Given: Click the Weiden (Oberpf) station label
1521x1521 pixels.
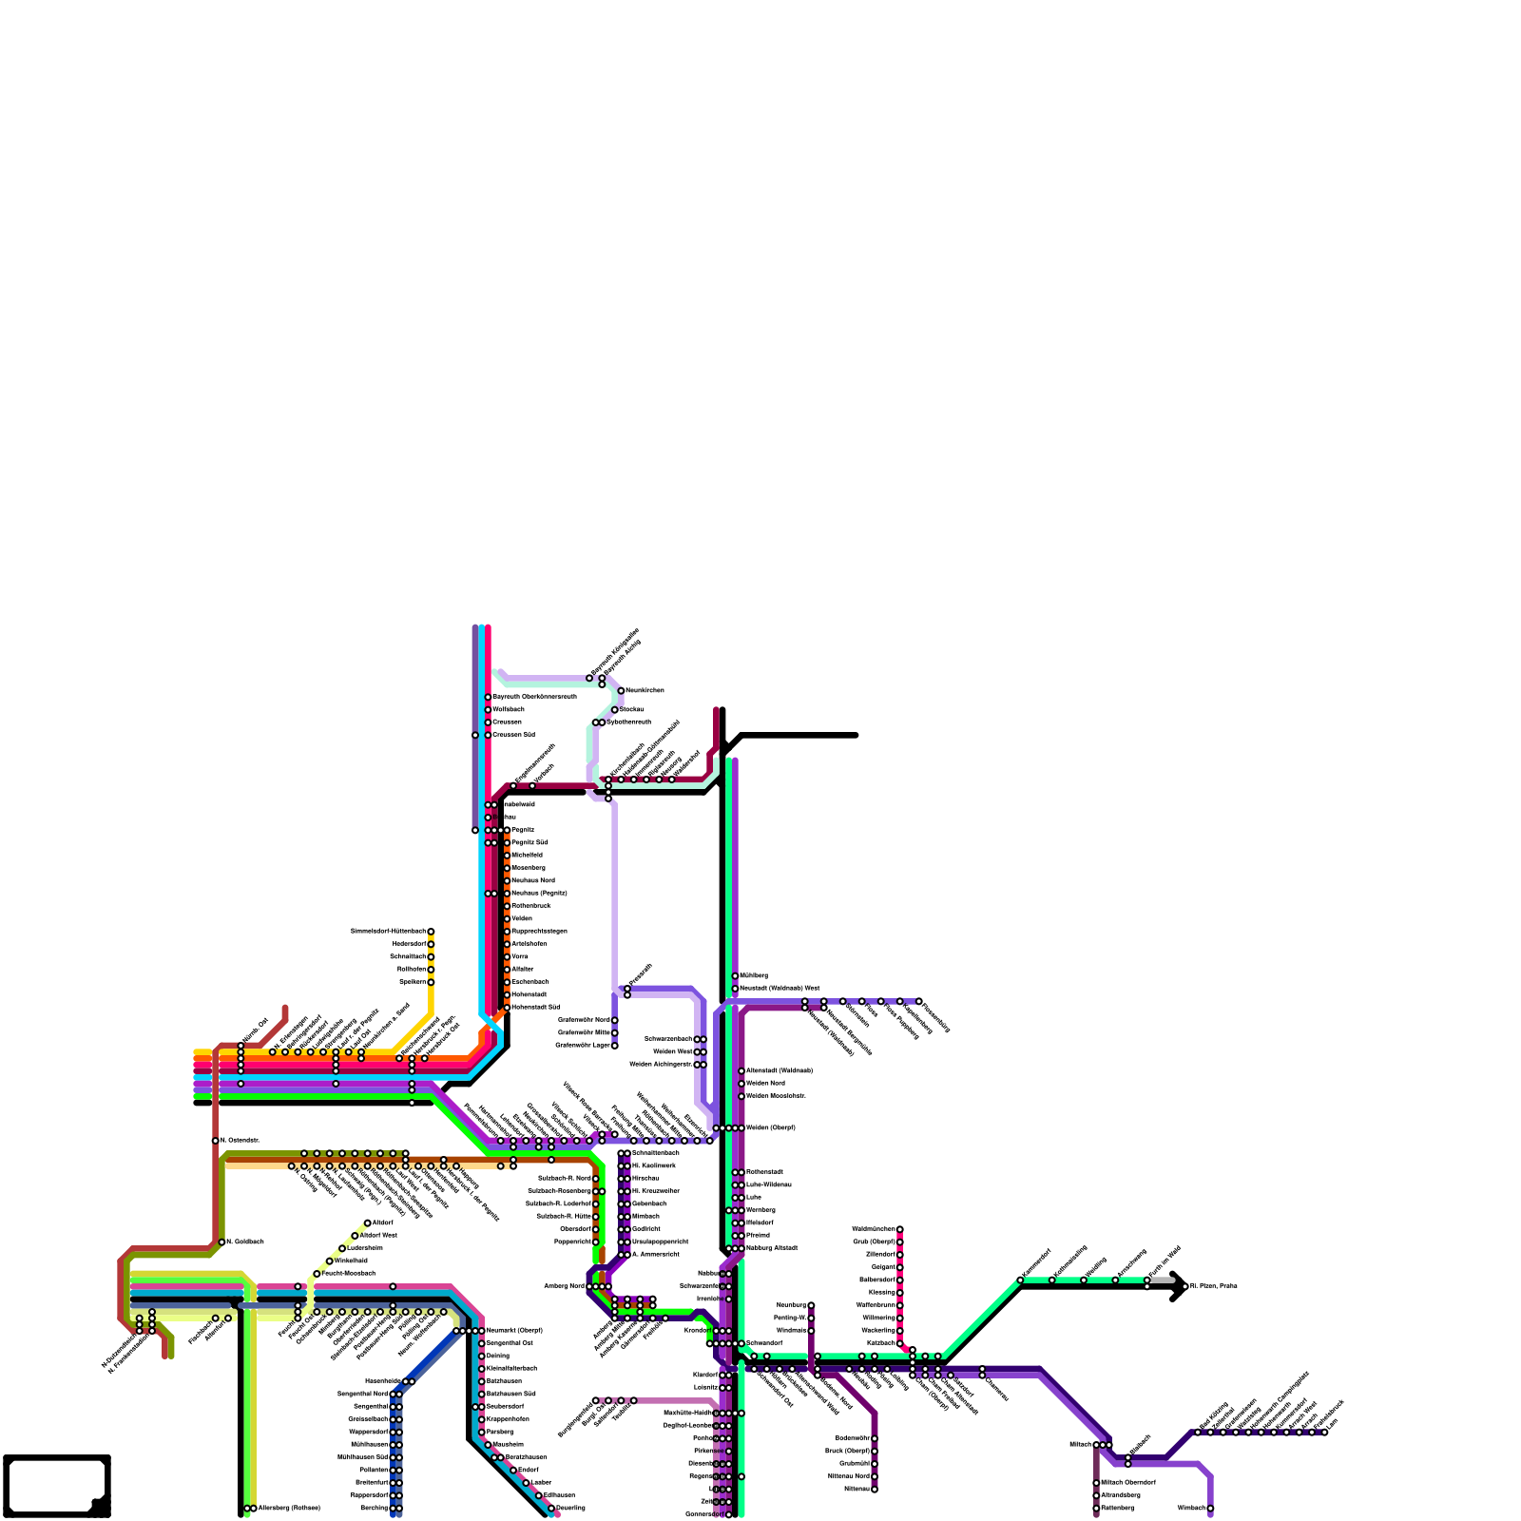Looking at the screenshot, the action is pyautogui.click(x=770, y=1127).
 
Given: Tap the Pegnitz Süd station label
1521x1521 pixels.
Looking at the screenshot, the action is pyautogui.click(x=529, y=842).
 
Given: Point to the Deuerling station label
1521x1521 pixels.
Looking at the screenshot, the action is pyautogui.click(x=570, y=1508).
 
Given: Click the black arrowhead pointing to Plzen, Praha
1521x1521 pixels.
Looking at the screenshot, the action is pyautogui.click(x=1179, y=1286).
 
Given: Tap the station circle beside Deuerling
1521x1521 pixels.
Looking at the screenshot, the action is pyautogui.click(x=551, y=1508).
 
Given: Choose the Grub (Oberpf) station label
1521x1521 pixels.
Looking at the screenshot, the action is pyautogui.click(x=874, y=1242).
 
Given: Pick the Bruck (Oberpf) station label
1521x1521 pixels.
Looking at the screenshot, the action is pyautogui.click(x=847, y=1451).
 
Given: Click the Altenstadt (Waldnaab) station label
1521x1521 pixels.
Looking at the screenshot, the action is pyautogui.click(x=780, y=1070).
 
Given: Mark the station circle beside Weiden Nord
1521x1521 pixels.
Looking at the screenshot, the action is pyautogui.click(x=741, y=1084).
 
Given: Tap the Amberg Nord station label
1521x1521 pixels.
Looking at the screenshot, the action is pyautogui.click(x=564, y=1286).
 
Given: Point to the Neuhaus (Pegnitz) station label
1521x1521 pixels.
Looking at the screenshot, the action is pyautogui.click(x=539, y=893).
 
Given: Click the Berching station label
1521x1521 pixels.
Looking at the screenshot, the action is pyautogui.click(x=375, y=1508).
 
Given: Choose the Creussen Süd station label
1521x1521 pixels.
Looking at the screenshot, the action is pyautogui.click(x=513, y=734).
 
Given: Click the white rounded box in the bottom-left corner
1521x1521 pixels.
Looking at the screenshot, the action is pyautogui.click(x=55, y=1485).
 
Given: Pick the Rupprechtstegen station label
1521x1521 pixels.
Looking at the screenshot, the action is pyautogui.click(x=539, y=931).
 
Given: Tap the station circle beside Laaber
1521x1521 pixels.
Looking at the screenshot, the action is pyautogui.click(x=526, y=1482).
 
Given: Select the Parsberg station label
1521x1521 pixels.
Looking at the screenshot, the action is pyautogui.click(x=500, y=1432).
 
